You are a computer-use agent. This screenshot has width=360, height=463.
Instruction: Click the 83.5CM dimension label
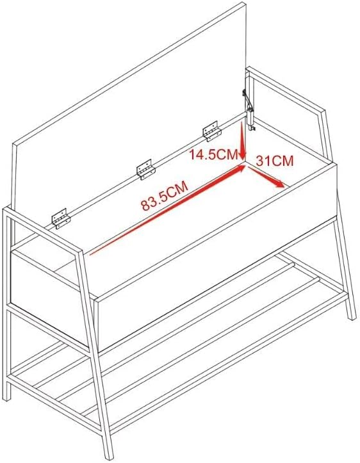(165, 196)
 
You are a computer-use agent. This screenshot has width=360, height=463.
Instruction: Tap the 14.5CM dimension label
(213, 154)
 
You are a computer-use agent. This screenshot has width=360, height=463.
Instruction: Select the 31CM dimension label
(275, 161)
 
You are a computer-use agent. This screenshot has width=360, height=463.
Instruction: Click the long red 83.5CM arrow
(167, 210)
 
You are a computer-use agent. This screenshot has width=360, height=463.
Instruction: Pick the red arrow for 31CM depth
(266, 177)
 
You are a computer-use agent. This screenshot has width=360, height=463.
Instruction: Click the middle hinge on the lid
(145, 169)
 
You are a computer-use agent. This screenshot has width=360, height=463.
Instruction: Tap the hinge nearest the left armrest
(61, 219)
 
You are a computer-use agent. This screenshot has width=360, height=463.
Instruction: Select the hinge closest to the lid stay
(212, 131)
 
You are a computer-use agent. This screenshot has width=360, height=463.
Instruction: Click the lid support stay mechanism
(249, 110)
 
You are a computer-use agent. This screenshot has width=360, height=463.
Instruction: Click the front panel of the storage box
(216, 257)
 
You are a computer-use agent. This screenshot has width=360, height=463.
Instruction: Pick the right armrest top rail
(286, 90)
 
